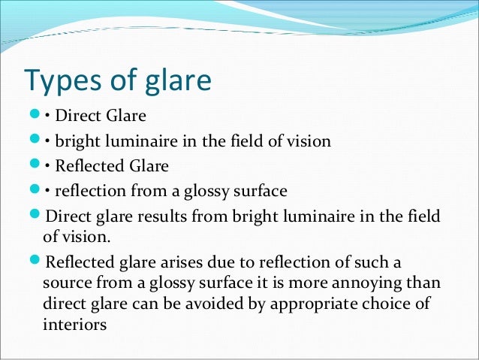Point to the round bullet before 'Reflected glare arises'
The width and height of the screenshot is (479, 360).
pos(36,263)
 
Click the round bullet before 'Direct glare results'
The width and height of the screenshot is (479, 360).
pos(36,216)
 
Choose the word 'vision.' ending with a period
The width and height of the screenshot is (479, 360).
pos(89,238)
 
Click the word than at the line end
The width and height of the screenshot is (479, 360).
pos(424,286)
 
